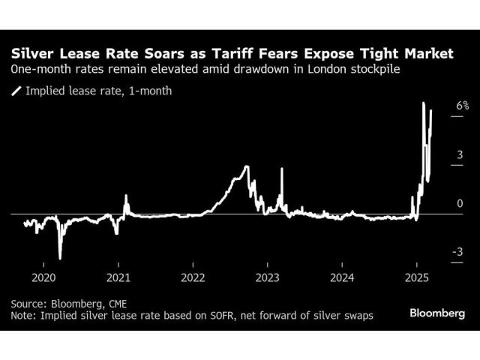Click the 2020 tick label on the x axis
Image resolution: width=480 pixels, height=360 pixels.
click(43, 274)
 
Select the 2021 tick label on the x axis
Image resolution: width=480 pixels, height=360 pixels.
click(118, 274)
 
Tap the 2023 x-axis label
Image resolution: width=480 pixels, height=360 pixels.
click(268, 274)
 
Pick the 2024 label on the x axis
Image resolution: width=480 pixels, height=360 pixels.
click(342, 274)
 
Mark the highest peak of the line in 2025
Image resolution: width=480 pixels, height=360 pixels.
click(424, 103)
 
